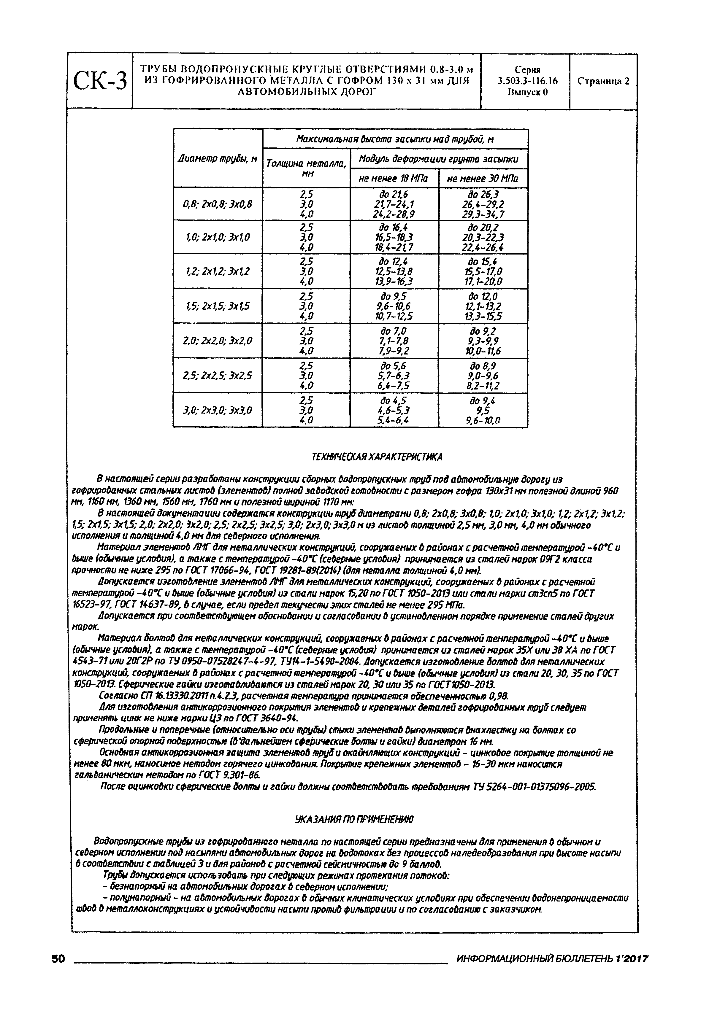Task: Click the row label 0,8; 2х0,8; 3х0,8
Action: click(218, 204)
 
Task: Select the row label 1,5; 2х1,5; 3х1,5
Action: click(218, 306)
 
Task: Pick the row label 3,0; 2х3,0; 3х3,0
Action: click(218, 411)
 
